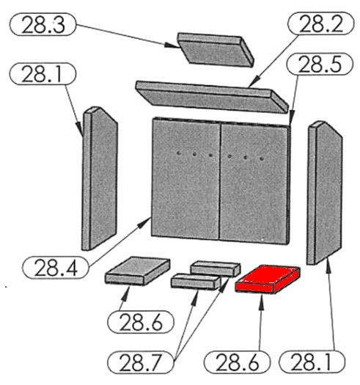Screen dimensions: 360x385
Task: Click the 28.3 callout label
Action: point(43,24)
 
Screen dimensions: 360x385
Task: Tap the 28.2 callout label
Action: point(320,23)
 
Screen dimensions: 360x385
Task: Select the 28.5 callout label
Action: point(320,64)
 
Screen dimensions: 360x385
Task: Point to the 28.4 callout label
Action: point(55,267)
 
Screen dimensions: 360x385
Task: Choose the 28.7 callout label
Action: point(140,363)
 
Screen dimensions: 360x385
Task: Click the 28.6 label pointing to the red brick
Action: point(237,362)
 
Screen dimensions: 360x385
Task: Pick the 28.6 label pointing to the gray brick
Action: point(141,322)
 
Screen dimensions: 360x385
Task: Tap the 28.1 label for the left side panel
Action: point(43,74)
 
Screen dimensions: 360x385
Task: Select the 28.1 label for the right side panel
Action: point(312,362)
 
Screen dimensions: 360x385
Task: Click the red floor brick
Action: point(268,279)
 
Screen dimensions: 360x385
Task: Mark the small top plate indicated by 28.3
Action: point(216,50)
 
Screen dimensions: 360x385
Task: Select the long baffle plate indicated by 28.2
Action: point(212,98)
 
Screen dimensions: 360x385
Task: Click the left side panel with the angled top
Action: point(100,178)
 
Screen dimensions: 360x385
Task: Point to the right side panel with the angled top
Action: point(324,193)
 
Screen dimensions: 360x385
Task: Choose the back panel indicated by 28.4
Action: point(185,178)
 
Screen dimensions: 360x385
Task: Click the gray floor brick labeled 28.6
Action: point(138,271)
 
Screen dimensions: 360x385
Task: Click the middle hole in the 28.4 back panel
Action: point(194,154)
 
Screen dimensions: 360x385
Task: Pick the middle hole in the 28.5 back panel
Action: point(246,158)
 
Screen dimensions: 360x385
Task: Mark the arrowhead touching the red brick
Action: point(262,301)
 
